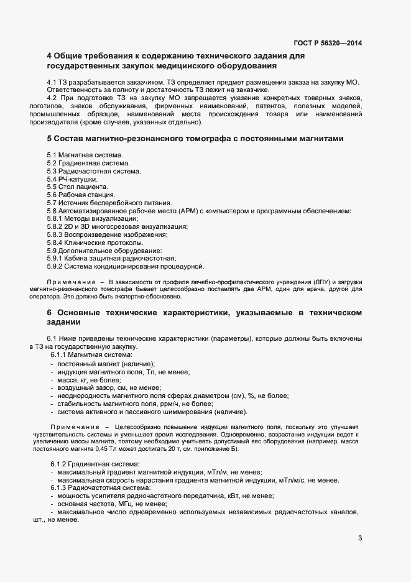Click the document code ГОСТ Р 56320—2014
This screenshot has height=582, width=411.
327,43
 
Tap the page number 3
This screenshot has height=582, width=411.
360,538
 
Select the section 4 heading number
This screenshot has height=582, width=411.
50,56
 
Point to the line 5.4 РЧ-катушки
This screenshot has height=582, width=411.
72,178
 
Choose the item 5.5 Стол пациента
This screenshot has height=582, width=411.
77,187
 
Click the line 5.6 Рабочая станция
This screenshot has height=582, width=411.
81,195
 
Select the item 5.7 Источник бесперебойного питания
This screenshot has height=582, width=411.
109,203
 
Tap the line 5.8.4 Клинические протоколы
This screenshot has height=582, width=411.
91,242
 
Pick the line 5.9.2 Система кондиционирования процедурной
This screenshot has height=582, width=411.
126,267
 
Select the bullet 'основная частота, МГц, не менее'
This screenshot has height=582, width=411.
106,504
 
